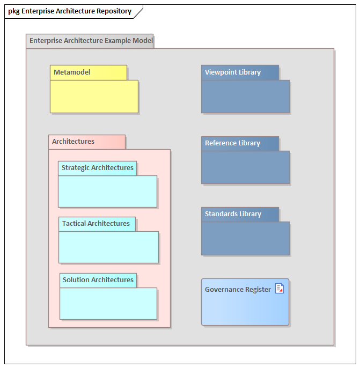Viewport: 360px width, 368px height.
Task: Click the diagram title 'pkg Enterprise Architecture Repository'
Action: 70,11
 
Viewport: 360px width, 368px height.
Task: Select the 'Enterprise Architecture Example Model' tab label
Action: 90,41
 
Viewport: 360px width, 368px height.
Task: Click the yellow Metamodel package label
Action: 72,72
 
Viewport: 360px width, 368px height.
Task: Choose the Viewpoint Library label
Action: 232,72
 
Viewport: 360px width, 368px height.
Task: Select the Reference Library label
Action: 232,143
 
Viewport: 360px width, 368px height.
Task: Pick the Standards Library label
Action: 233,214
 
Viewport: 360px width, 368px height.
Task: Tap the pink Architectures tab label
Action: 73,142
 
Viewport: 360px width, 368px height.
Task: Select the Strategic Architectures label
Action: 97,168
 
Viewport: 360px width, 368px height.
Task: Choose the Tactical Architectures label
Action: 95,224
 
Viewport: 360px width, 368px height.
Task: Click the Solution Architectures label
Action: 98,280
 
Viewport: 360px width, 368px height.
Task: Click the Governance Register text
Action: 238,290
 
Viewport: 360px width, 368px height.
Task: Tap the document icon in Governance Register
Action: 280,289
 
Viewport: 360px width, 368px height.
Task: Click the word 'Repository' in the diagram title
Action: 113,11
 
